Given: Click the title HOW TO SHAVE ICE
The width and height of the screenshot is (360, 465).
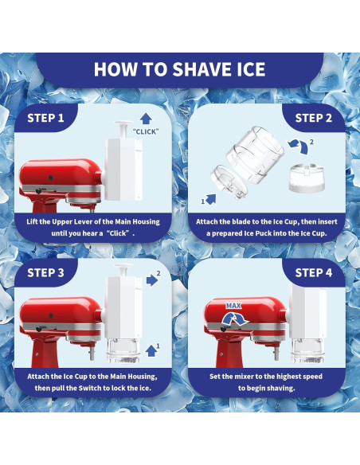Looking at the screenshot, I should [180, 68].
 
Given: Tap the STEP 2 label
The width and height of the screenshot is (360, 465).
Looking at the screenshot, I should [315, 118].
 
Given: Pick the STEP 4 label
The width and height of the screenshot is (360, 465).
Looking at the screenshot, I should [315, 272].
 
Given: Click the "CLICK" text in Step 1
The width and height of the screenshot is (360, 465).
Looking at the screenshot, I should [147, 131].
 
